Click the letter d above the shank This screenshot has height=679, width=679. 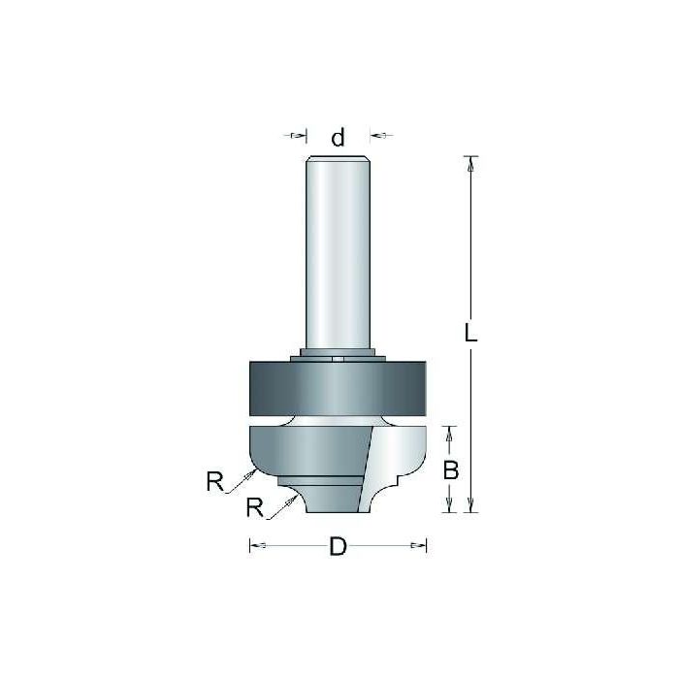click(x=338, y=139)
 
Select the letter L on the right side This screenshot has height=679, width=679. click(x=470, y=334)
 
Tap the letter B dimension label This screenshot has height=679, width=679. click(x=450, y=471)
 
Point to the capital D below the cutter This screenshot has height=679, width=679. click(x=338, y=547)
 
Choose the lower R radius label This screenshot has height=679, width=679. click(x=255, y=506)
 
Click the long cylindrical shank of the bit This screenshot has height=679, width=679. click(x=338, y=252)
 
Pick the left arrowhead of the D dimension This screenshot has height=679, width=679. click(x=257, y=546)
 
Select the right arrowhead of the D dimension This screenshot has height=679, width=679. click(x=419, y=546)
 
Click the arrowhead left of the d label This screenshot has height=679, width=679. click(x=300, y=135)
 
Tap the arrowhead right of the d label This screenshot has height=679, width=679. click(x=377, y=135)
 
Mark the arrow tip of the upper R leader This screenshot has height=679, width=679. click(x=255, y=469)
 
